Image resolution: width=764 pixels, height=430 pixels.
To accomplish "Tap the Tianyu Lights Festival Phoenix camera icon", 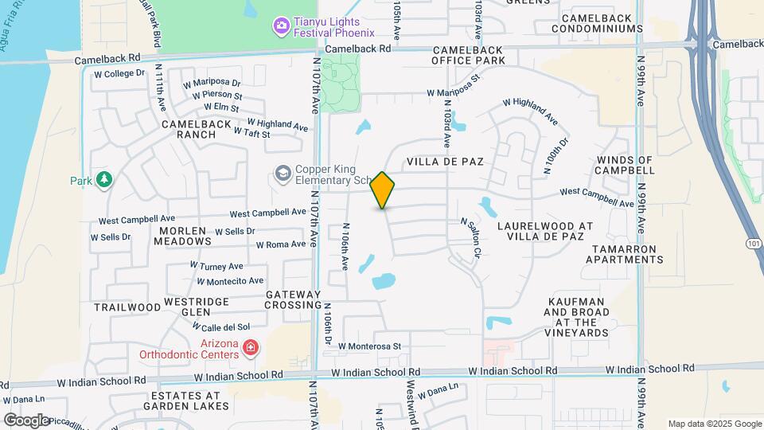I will pyautogui.click(x=280, y=27).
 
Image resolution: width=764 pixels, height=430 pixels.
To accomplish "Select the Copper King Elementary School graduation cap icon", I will pyautogui.click(x=283, y=173).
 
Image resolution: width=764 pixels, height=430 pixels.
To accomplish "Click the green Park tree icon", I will pyautogui.click(x=103, y=180).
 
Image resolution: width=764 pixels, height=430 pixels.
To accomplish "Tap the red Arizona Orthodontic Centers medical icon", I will pyautogui.click(x=250, y=347).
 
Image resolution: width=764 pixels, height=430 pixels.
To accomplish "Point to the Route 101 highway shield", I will pyautogui.click(x=754, y=242).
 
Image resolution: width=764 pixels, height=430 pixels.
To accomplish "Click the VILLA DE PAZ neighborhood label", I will pyautogui.click(x=445, y=162).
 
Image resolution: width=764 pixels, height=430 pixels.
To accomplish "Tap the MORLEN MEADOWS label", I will pyautogui.click(x=185, y=235).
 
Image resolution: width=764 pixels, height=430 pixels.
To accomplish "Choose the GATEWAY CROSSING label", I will pyautogui.click(x=293, y=300).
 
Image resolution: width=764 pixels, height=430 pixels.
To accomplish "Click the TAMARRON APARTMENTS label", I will pyautogui.click(x=623, y=255).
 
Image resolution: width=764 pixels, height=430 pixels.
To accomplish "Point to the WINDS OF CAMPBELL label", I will pyautogui.click(x=625, y=165).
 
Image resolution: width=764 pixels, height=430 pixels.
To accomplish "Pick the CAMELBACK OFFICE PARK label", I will pyautogui.click(x=469, y=55).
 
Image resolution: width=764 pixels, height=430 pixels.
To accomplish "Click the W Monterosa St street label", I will pyautogui.click(x=368, y=346).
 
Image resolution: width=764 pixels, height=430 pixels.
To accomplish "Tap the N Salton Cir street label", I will pyautogui.click(x=470, y=239).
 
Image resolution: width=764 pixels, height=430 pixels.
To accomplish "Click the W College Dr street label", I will pyautogui.click(x=119, y=73).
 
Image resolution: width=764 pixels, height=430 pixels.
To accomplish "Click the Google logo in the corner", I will pyautogui.click(x=25, y=420).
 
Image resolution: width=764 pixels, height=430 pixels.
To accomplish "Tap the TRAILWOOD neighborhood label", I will pyautogui.click(x=127, y=307).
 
